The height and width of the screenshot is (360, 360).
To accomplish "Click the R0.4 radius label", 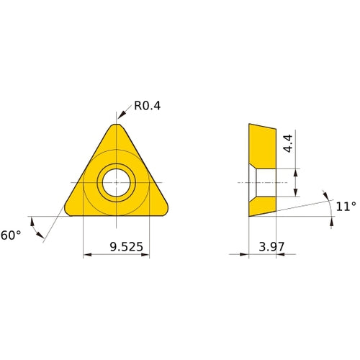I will (148, 106).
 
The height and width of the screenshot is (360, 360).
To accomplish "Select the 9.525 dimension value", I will (127, 247).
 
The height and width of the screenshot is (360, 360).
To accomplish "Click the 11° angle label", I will (346, 207).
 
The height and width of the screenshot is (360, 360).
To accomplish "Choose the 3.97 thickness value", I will (271, 247).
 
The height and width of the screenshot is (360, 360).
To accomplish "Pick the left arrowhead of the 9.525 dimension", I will (87, 254).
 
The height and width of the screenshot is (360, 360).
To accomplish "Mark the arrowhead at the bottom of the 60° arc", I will (45, 237).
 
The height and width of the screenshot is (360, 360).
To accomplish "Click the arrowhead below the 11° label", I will (331, 223).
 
